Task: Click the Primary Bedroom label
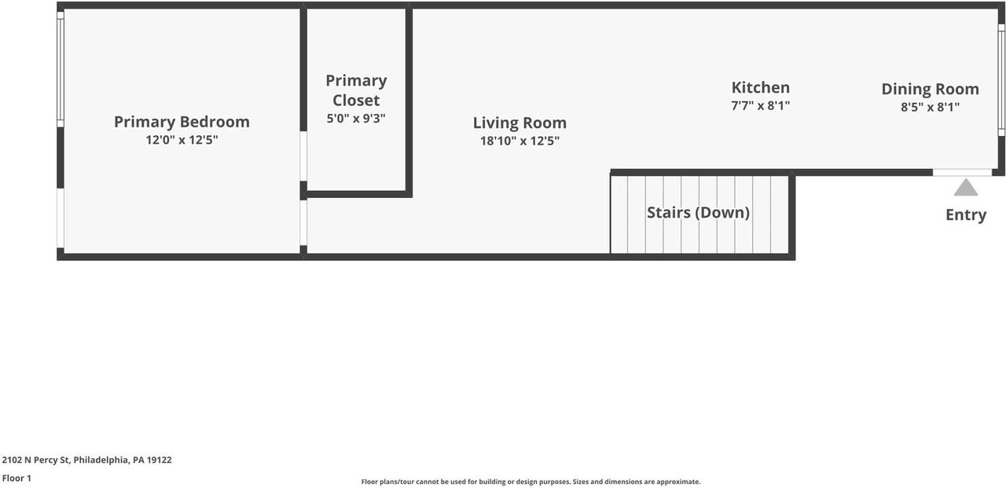point(182,122)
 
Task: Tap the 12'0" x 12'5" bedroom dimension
point(182,141)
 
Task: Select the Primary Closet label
point(356,90)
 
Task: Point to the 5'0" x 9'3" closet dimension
point(356,119)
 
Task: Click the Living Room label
point(520,123)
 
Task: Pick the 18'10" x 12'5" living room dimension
point(520,141)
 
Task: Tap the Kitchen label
point(760,87)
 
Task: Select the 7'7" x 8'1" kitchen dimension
point(760,105)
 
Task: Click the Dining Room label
point(930,89)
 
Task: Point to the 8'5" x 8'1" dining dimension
point(930,107)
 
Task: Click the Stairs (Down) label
point(698,213)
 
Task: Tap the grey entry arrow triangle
point(965,188)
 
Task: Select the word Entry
point(965,215)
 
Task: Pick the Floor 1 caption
point(17,478)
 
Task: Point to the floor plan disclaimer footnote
point(531,482)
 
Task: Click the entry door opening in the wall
point(962,172)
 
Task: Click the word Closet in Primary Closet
point(356,101)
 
